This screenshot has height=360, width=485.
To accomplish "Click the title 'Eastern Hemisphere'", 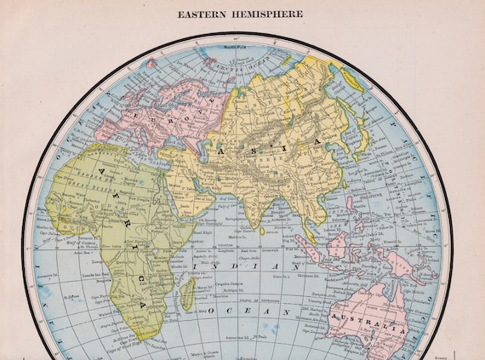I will [242, 14].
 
